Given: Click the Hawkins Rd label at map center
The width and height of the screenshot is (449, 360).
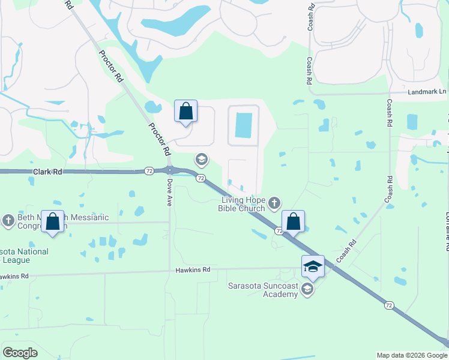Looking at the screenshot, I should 193,270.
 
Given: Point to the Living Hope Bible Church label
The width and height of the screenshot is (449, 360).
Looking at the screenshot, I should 243,204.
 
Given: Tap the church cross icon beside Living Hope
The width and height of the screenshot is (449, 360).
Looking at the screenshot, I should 274,203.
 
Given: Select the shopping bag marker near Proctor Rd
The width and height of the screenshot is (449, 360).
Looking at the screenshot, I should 185,111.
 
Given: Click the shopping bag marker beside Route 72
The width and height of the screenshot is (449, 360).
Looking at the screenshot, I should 293,221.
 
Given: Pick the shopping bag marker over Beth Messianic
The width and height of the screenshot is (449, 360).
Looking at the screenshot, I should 53,221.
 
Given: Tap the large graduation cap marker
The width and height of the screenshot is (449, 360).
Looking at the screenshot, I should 313,266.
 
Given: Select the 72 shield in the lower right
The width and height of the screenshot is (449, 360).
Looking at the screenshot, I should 389,305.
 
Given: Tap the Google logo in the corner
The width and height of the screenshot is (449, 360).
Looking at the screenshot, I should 20,353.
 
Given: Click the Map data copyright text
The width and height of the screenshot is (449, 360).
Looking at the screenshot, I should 411,355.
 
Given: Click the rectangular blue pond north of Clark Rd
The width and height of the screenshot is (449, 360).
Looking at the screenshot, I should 244,125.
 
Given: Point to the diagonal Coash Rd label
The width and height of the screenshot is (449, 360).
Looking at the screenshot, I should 346,251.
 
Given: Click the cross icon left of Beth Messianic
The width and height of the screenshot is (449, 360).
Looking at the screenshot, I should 8,221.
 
